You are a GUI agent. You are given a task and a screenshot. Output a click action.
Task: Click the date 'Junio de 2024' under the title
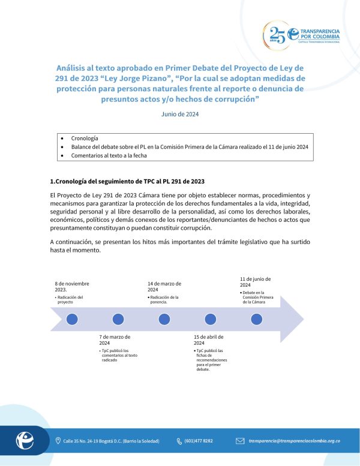click(179, 114)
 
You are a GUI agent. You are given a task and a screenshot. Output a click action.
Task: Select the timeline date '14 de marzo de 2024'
click(164, 286)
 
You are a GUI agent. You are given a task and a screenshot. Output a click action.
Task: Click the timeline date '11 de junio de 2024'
click(256, 282)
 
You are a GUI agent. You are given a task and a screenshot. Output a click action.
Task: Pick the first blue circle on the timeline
click(72, 318)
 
